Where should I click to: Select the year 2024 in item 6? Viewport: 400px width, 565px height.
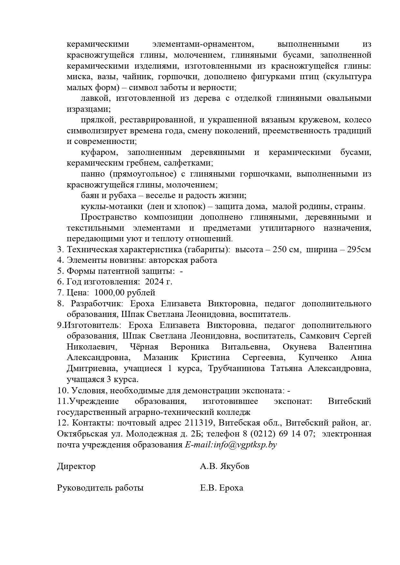point(154,282)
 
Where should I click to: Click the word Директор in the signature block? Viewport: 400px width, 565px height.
point(76,466)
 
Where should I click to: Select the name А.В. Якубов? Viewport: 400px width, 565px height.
point(224,466)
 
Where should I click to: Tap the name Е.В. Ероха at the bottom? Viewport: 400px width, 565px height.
point(221,488)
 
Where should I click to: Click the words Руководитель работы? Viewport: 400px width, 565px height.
point(100,488)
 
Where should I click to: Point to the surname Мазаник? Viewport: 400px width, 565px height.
point(161,358)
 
